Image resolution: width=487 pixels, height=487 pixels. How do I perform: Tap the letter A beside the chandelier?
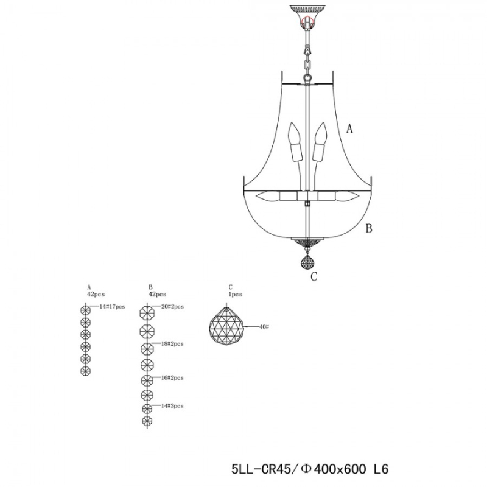(349, 128)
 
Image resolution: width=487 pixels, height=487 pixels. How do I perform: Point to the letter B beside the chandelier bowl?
(369, 228)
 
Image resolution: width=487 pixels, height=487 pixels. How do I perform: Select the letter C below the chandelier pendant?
(314, 276)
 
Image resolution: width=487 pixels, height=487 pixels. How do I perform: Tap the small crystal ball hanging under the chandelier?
(307, 263)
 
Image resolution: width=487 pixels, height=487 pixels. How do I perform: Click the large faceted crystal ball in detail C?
(226, 326)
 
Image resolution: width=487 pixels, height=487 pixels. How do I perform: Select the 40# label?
(264, 327)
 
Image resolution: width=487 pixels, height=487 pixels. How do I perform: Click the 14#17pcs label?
(112, 307)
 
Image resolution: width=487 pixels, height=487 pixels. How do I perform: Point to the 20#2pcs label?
(172, 307)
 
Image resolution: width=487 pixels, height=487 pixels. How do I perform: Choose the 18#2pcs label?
(172, 343)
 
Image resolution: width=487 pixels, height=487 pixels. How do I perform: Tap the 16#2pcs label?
(172, 377)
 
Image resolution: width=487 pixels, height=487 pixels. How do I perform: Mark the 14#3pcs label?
(172, 405)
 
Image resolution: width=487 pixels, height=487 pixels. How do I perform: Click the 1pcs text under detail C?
(236, 294)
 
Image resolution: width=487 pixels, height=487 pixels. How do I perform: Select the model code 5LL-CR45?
(261, 469)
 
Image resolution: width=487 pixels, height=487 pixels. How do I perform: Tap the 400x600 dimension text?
(340, 469)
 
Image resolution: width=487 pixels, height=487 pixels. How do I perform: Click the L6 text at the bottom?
(380, 469)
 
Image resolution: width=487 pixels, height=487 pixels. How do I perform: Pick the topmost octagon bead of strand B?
(147, 313)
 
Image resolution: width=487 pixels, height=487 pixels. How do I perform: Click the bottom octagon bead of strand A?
(85, 371)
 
